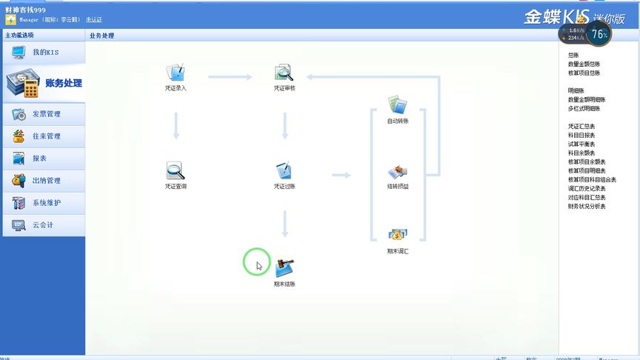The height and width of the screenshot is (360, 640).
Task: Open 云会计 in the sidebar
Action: [43, 225]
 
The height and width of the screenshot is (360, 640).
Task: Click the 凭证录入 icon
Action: [176, 73]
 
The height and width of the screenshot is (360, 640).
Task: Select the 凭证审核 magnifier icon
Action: [284, 73]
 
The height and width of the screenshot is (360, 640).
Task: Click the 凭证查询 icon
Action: [176, 171]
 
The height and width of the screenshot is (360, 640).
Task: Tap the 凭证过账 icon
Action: [284, 171]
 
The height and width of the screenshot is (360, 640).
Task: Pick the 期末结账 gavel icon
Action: [284, 267]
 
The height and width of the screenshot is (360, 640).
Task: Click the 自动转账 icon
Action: [398, 104]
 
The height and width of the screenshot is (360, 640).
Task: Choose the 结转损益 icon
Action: [398, 172]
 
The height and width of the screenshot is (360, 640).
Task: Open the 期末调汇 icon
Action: [398, 236]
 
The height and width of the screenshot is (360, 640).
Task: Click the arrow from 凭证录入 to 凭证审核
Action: [230, 76]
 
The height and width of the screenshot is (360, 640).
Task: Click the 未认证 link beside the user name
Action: [94, 19]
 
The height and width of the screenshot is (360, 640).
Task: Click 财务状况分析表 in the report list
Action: [587, 207]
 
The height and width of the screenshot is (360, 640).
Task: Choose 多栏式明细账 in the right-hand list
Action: [587, 109]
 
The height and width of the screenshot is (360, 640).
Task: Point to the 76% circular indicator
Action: [599, 34]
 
